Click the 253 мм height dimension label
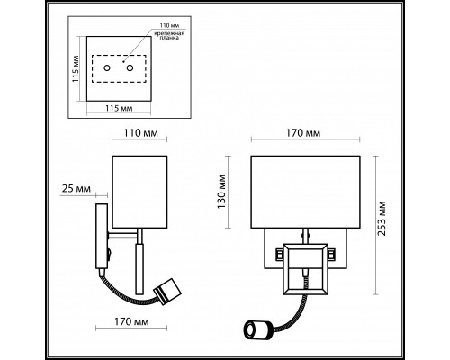tap(382, 218)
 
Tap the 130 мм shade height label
tap(221, 192)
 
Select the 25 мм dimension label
tap(76, 189)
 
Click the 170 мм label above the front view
tap(303, 133)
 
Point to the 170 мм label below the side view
tap(131, 321)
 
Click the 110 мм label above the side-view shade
tap(140, 133)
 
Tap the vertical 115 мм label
tap(76, 68)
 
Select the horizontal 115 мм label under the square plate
tap(119, 108)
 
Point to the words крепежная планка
tap(169, 35)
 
